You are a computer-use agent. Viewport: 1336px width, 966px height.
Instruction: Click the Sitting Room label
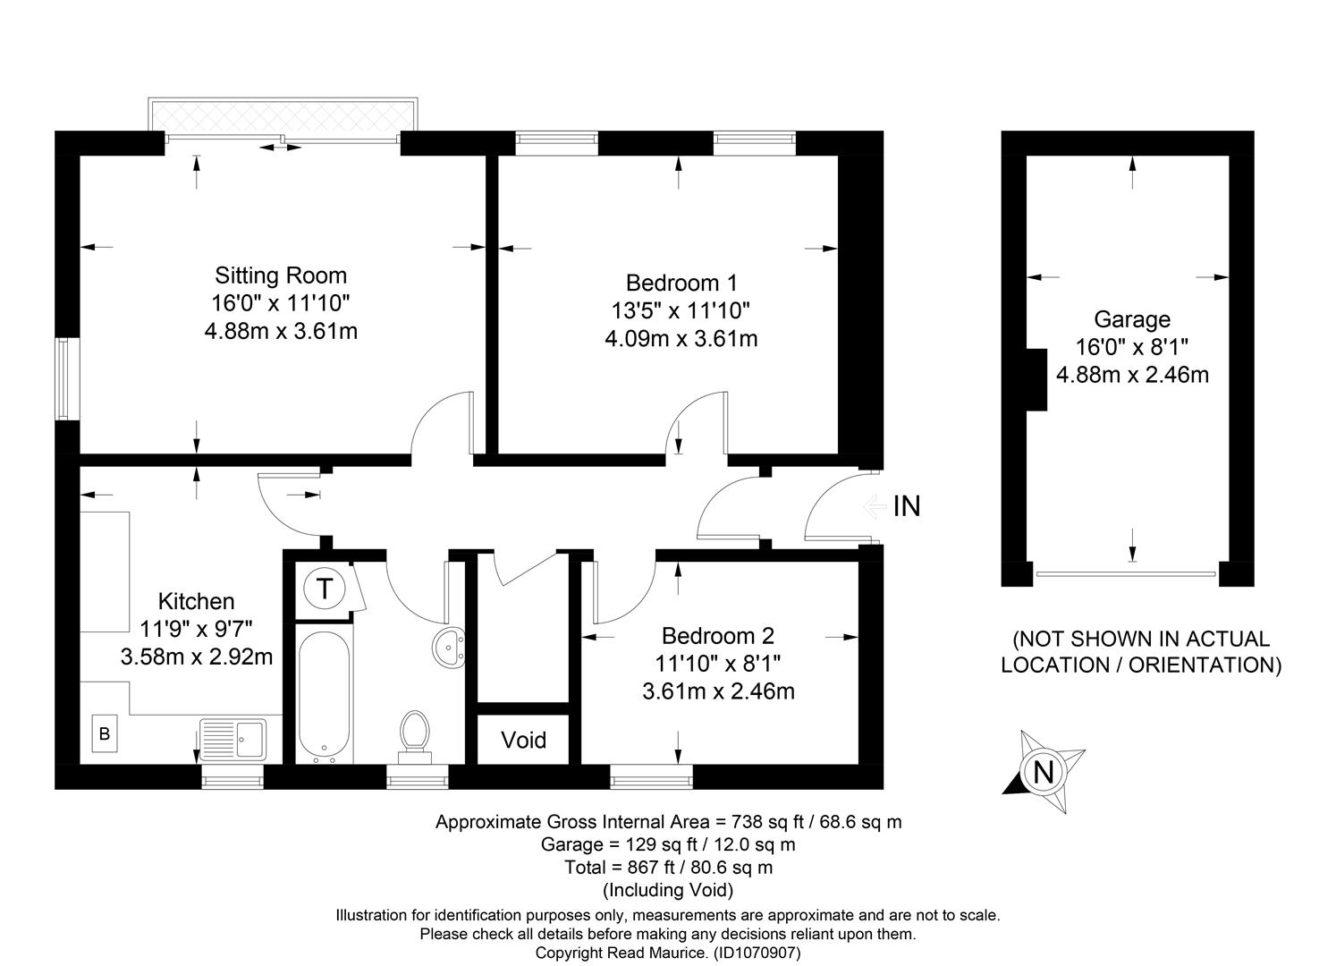pyautogui.click(x=281, y=275)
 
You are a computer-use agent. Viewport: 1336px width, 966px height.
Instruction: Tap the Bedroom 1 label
pyautogui.click(x=681, y=283)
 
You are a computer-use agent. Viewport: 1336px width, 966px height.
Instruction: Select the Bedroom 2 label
pyautogui.click(x=718, y=636)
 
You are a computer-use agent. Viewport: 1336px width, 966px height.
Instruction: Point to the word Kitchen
pyautogui.click(x=196, y=601)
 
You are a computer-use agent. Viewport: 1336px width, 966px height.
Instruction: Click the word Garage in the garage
pyautogui.click(x=1132, y=320)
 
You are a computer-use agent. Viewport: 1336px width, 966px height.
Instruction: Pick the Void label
pyautogui.click(x=524, y=741)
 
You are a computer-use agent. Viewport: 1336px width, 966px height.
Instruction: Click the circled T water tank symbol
pyautogui.click(x=325, y=589)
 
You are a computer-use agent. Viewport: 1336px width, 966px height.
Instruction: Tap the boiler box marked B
pyautogui.click(x=105, y=734)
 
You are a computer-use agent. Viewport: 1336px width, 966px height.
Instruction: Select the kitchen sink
pyautogui.click(x=233, y=740)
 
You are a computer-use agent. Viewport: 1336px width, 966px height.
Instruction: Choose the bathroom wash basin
pyautogui.click(x=449, y=648)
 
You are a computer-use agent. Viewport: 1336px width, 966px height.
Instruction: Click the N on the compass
pyautogui.click(x=1044, y=773)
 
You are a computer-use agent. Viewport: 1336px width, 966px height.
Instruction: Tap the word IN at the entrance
pyautogui.click(x=907, y=506)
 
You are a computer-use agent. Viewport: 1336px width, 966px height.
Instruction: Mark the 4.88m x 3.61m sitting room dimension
pyautogui.click(x=281, y=331)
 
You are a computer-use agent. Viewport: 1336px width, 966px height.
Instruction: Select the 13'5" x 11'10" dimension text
pyautogui.click(x=681, y=311)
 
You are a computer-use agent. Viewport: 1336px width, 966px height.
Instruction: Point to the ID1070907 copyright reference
pyautogui.click(x=757, y=953)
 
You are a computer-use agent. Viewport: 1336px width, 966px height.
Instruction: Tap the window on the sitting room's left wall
pyautogui.click(x=68, y=379)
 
